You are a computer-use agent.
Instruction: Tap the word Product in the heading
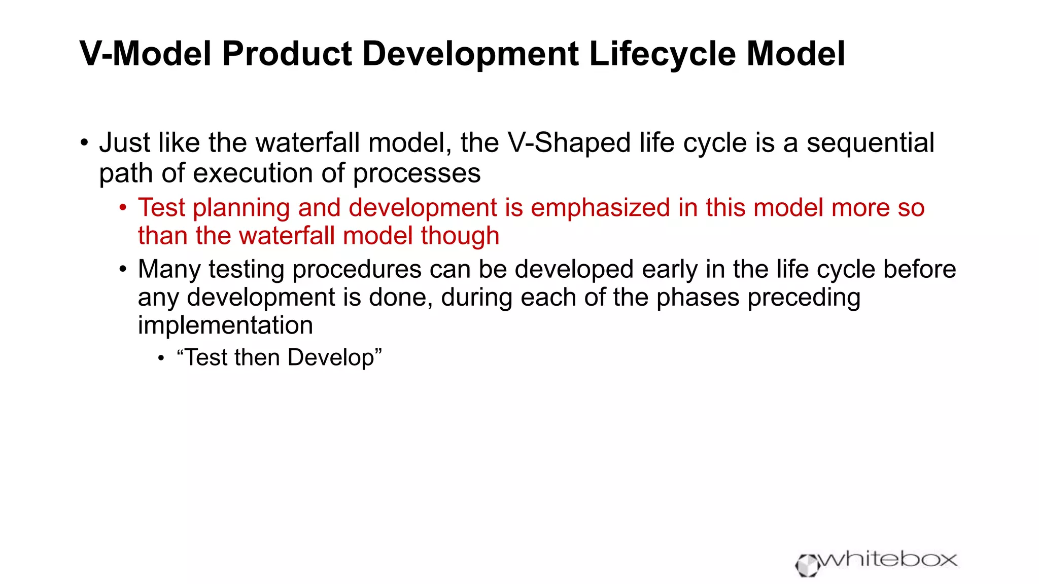tap(287, 54)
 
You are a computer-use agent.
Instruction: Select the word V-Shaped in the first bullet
tap(569, 142)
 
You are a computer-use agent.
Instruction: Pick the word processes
tap(417, 173)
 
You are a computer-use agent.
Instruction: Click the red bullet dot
tap(123, 207)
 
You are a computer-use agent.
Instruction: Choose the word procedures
tap(357, 269)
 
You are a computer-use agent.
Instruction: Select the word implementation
tap(225, 325)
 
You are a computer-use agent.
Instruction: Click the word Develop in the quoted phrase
tap(330, 358)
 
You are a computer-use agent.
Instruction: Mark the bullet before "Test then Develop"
tap(161, 358)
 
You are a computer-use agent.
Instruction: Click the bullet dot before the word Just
tap(84, 142)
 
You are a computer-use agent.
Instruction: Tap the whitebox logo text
tap(888, 560)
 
